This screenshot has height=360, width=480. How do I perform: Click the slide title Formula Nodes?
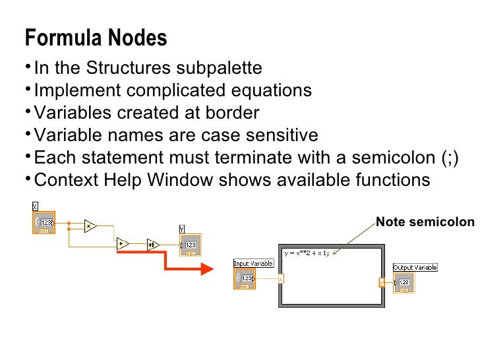(96, 38)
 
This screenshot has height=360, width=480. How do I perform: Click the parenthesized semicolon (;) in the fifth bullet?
(446, 158)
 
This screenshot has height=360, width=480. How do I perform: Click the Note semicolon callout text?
(425, 222)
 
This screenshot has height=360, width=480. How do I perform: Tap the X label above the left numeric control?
(35, 206)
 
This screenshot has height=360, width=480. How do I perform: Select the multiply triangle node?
(90, 225)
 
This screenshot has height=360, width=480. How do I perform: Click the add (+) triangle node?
(123, 243)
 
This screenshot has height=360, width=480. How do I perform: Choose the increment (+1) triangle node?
(152, 243)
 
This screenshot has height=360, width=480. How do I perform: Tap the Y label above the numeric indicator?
(183, 228)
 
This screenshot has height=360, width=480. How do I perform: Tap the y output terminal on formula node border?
(381, 282)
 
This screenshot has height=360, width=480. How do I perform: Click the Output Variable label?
(415, 267)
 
